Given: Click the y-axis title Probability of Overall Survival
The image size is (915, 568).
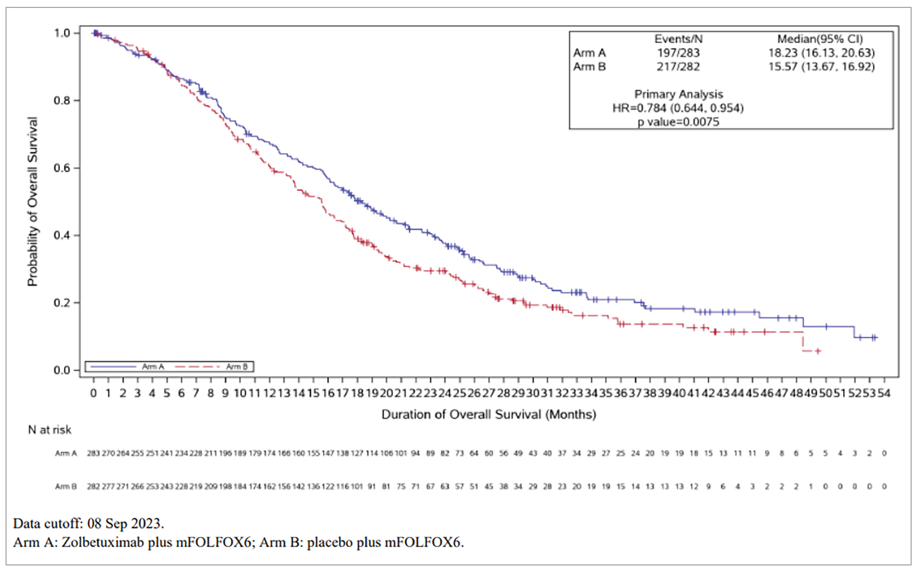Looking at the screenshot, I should (x=33, y=201).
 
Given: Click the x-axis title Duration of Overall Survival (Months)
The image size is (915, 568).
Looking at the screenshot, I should (x=488, y=414).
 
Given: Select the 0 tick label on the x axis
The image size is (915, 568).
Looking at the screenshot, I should (x=94, y=393).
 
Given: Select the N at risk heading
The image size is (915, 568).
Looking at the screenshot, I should (x=50, y=430).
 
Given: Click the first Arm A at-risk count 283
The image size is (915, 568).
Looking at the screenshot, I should (x=93, y=453).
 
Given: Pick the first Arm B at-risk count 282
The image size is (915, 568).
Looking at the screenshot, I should (x=93, y=486).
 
